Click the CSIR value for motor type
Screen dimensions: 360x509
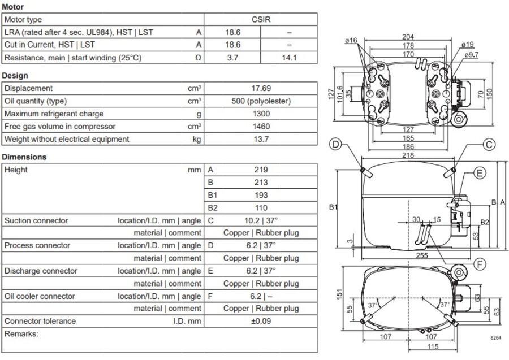261,20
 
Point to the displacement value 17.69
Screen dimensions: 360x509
261,89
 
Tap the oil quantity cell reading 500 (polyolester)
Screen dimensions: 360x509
261,101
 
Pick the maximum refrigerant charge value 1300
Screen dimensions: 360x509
261,114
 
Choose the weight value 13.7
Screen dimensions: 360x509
261,139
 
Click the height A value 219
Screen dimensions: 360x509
261,170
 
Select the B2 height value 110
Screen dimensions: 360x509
261,208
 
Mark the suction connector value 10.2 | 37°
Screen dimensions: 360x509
261,220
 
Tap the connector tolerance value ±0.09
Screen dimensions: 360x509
261,322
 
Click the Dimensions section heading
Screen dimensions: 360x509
24,157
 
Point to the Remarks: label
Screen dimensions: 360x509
21,334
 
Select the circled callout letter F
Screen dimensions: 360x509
480,264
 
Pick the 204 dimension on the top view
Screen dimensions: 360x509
408,37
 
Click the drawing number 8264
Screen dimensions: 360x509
495,337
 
